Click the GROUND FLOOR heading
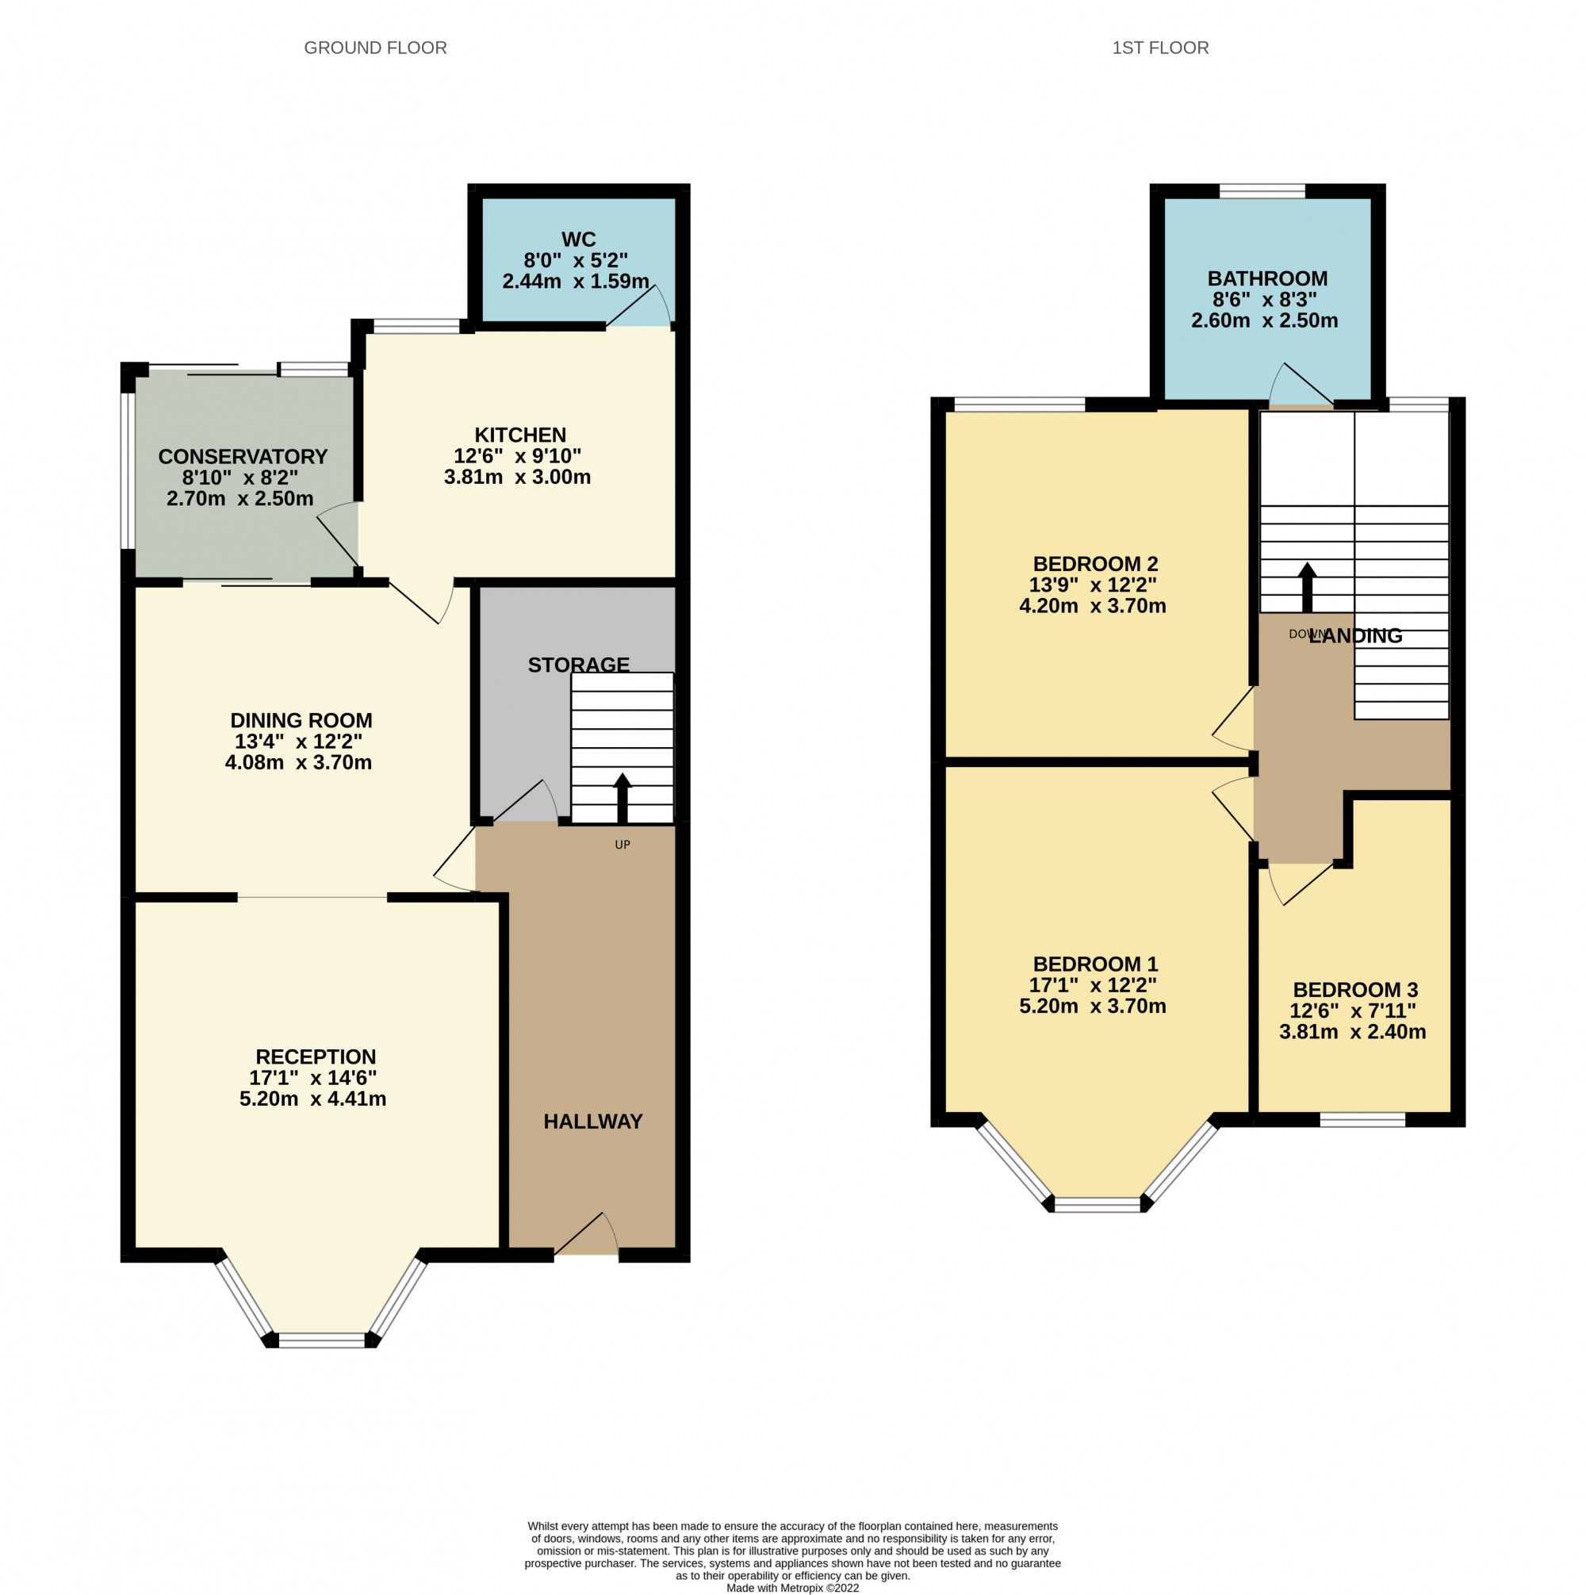coord(375,48)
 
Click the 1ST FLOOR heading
coord(1159,48)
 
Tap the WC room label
coord(578,240)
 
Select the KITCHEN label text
coord(519,435)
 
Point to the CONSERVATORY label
coord(243,457)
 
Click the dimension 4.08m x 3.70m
coord(298,762)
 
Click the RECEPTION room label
coord(316,1056)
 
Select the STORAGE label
coord(578,665)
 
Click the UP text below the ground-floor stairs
coord(622,845)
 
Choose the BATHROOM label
coord(1266,278)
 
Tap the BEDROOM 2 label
coord(1095,564)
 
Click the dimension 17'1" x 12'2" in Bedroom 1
coord(1091,985)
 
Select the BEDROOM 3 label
coord(1354,990)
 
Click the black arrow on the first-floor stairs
coord(1306,587)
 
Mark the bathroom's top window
coord(1262,191)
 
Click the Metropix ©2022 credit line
coord(791,1588)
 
